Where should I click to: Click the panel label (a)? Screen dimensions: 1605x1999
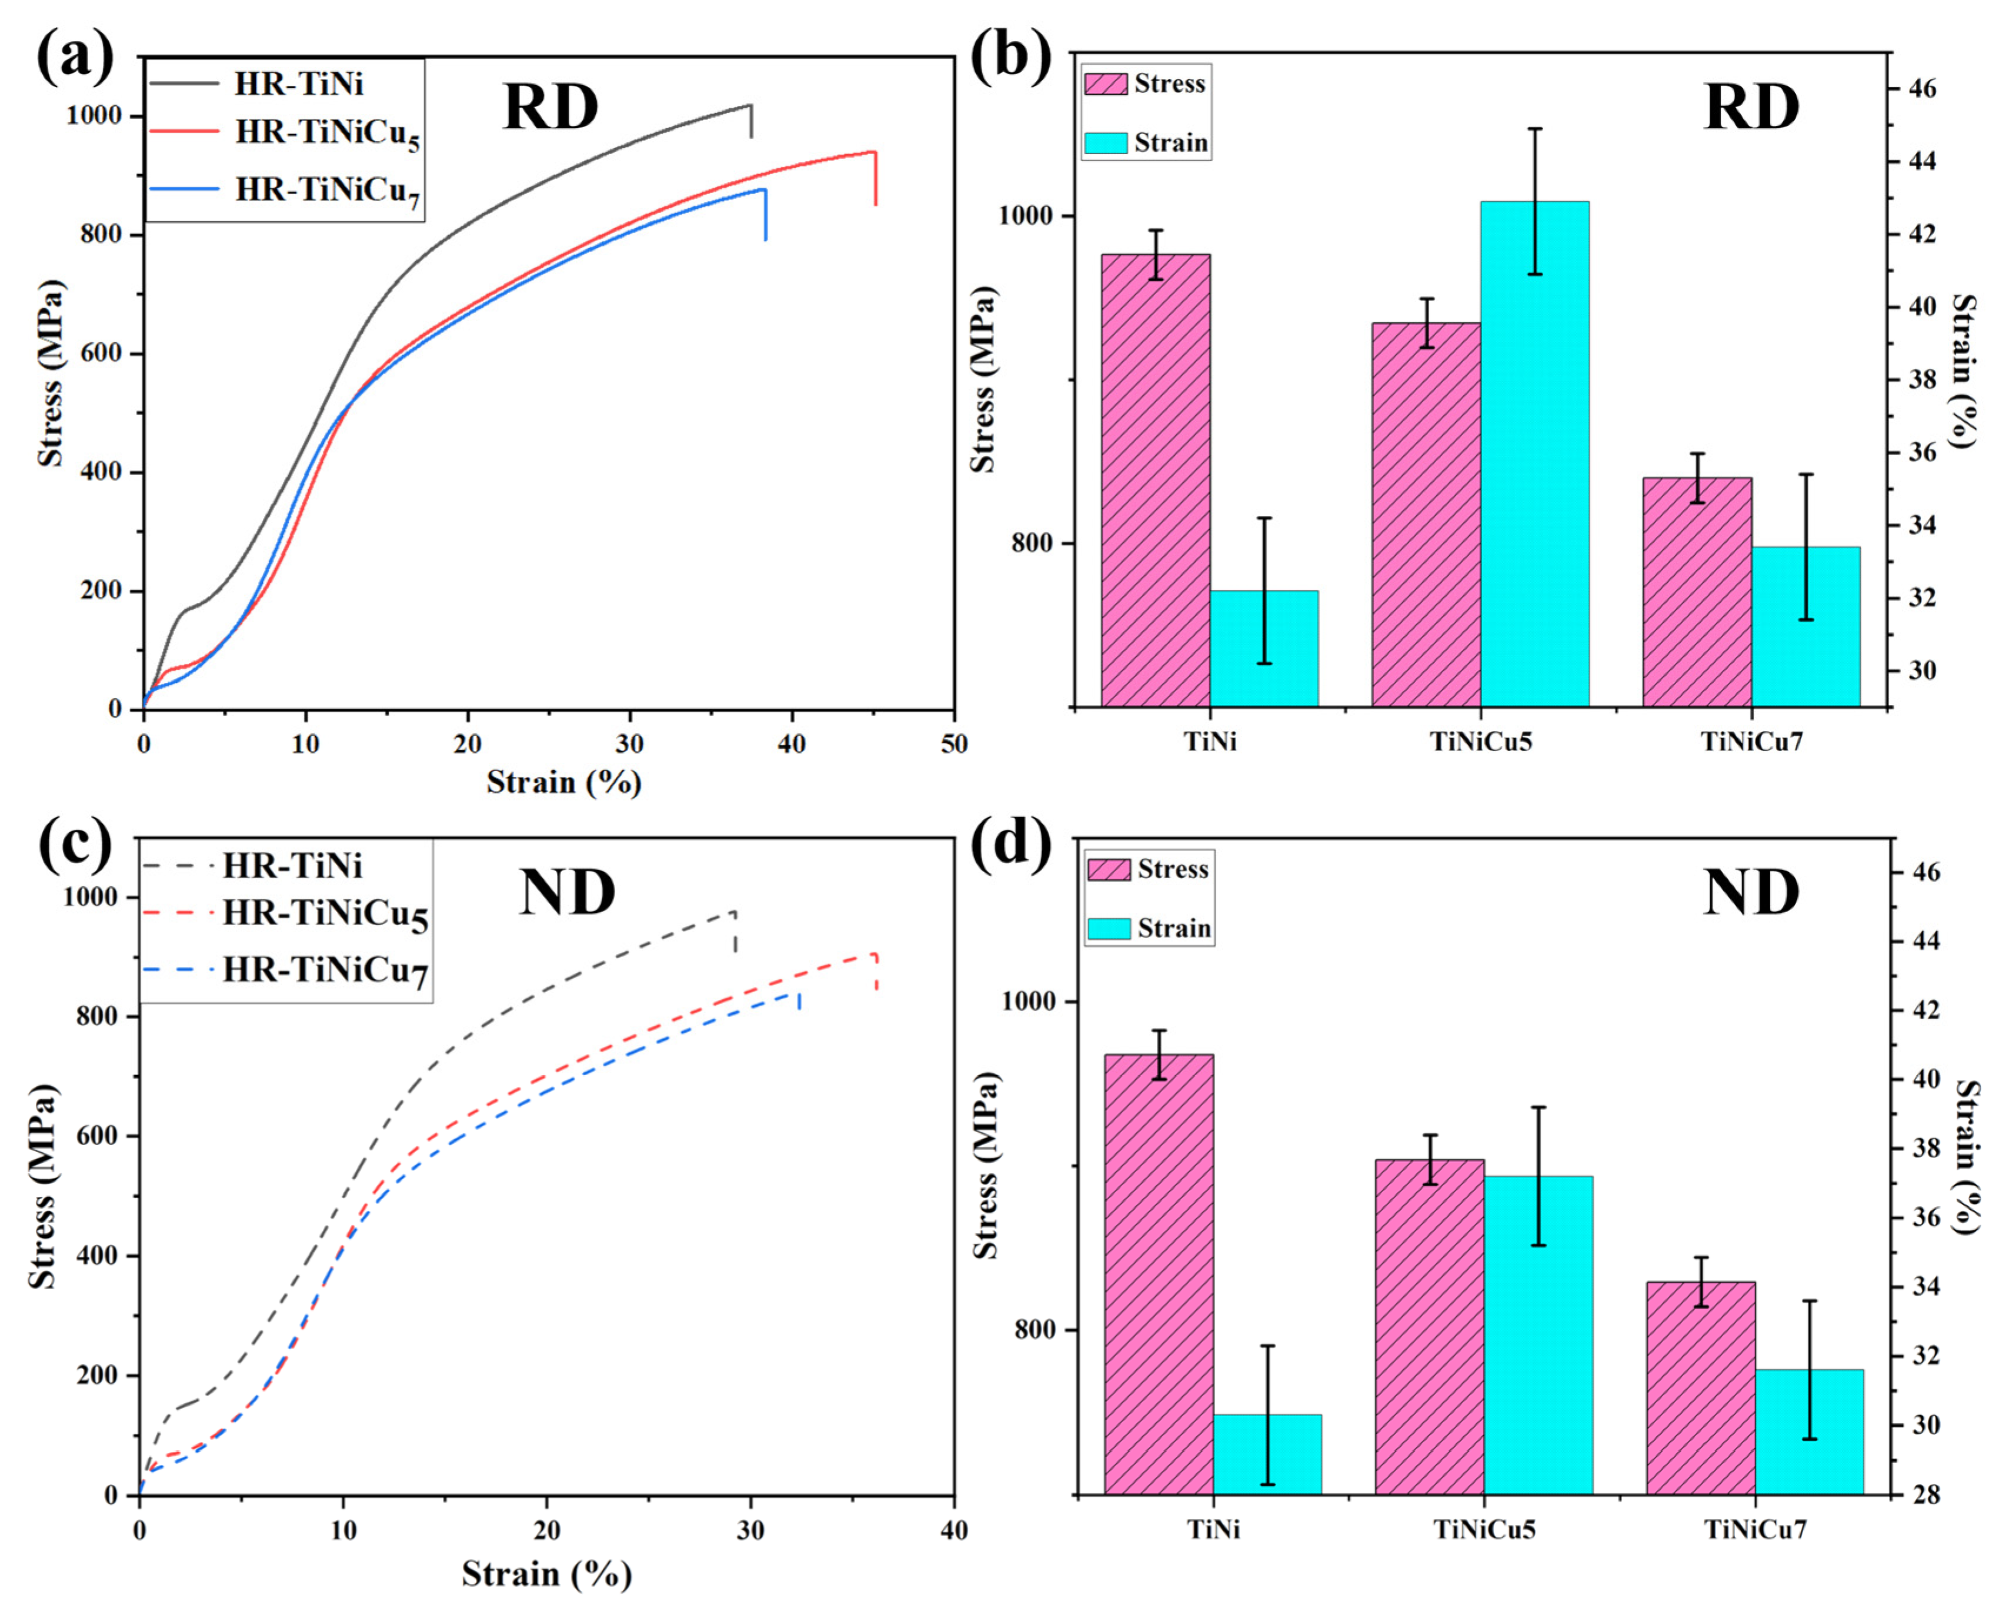coord(74,58)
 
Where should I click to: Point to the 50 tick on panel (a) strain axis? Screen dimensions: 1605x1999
coord(953,743)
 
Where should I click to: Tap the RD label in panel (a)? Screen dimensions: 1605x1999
coord(550,108)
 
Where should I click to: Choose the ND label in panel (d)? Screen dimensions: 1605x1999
coord(1750,894)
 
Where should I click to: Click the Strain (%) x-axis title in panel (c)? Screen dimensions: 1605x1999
coord(546,1573)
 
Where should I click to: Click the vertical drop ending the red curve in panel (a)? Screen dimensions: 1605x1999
coord(875,178)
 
